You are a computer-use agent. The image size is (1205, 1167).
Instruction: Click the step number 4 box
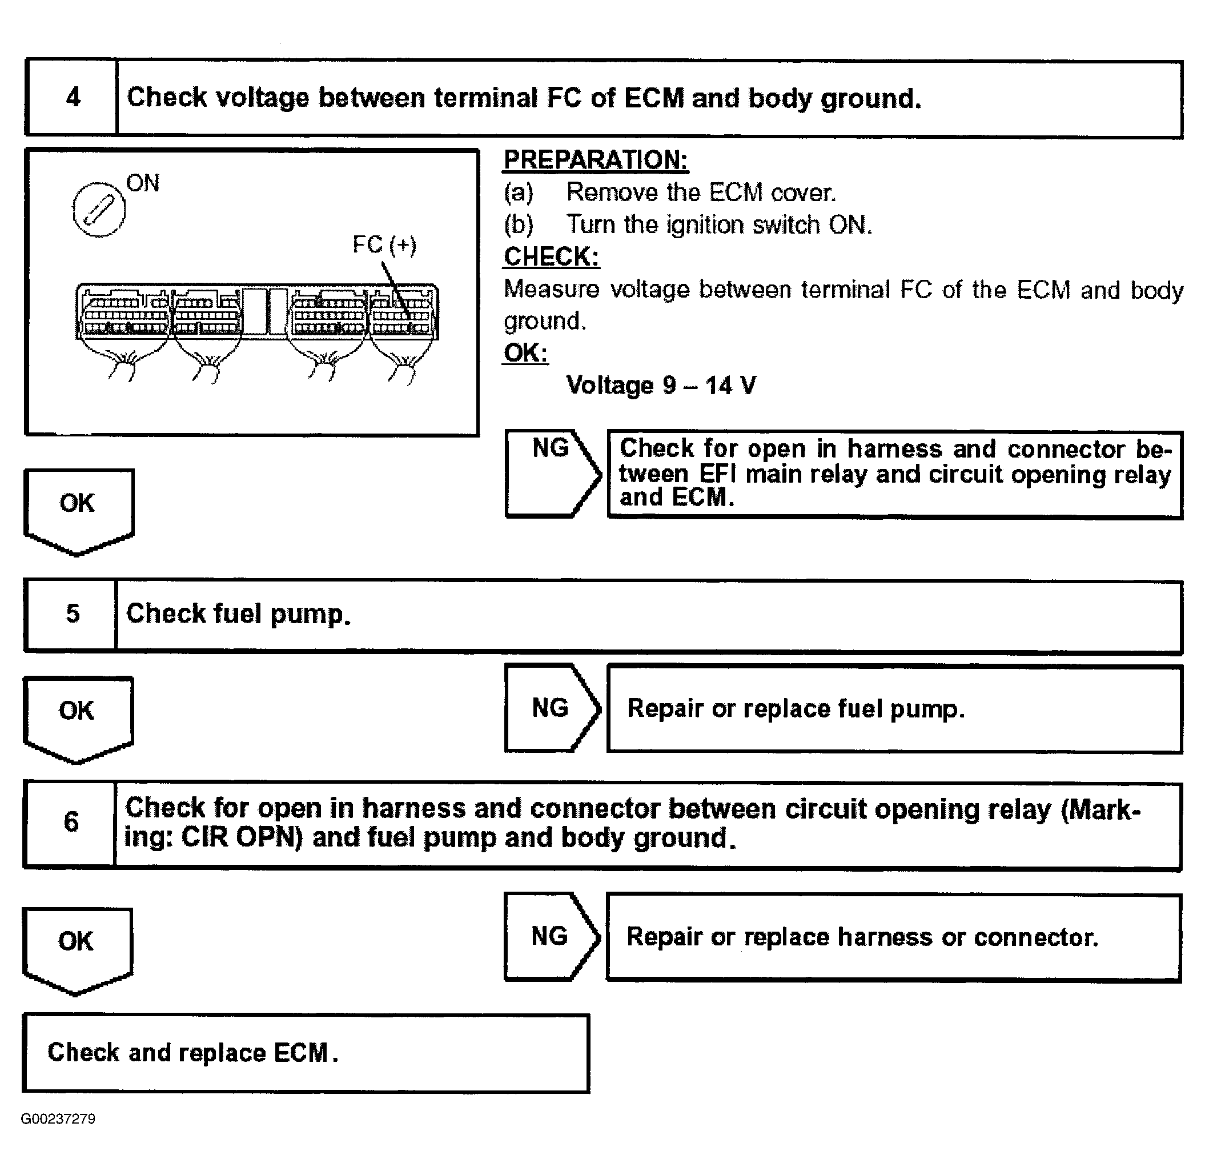click(73, 98)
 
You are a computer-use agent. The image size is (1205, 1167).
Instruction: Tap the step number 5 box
click(72, 614)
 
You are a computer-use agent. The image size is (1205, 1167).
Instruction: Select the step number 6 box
click(71, 822)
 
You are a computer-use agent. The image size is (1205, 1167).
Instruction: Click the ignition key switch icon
click(99, 210)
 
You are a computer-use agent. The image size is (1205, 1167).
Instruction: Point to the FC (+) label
click(384, 244)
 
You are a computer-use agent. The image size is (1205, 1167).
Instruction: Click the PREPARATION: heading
click(595, 160)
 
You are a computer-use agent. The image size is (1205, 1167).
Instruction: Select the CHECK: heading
click(551, 256)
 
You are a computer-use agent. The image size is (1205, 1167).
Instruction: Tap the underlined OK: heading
click(525, 353)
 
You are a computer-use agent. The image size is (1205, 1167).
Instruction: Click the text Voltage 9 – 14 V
click(660, 386)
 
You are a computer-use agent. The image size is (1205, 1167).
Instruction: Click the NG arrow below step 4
click(551, 473)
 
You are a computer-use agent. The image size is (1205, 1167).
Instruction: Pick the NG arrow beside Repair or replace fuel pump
click(551, 708)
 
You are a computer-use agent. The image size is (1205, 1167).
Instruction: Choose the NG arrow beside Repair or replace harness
click(550, 936)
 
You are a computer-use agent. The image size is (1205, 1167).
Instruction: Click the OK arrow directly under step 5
click(78, 716)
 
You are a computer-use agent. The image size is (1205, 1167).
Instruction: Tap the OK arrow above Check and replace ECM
click(76, 947)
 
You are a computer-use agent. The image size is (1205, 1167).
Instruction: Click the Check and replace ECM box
click(306, 1053)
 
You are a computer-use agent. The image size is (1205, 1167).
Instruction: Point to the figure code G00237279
click(58, 1118)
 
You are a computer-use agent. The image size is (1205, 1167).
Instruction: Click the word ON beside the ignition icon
click(143, 183)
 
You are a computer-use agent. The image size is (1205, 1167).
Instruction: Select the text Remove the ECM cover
click(701, 193)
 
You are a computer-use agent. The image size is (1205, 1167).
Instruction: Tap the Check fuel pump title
click(239, 614)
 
